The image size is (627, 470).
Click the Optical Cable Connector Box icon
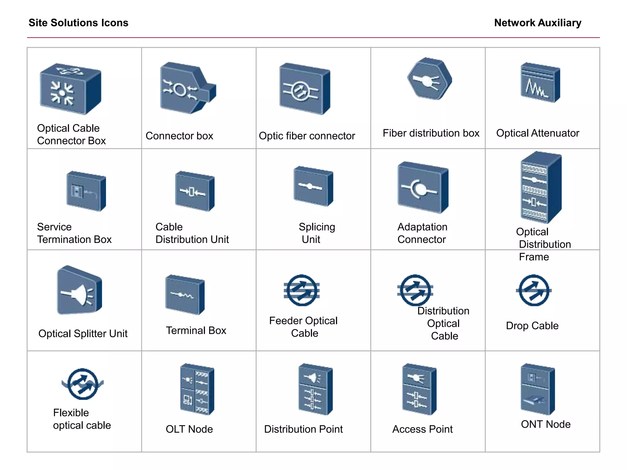click(70, 89)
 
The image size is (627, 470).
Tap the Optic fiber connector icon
click(304, 89)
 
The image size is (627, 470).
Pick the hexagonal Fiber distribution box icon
click(429, 79)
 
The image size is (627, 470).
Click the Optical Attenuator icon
click(540, 83)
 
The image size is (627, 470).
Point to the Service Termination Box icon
click(86, 191)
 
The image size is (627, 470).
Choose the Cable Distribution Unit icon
click(194, 191)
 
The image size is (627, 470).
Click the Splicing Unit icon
click(313, 186)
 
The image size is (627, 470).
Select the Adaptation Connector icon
click(422, 188)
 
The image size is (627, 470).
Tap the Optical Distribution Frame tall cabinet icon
click(541, 188)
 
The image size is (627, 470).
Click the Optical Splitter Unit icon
click(79, 291)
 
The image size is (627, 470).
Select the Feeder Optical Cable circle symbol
click(302, 290)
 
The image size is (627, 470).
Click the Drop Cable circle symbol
click(534, 290)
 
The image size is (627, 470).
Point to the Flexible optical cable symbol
click(83, 384)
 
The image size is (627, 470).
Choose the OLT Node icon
click(197, 389)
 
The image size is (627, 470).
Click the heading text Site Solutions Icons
click(78, 23)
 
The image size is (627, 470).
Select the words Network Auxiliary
click(537, 23)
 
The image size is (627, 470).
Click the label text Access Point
click(422, 429)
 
